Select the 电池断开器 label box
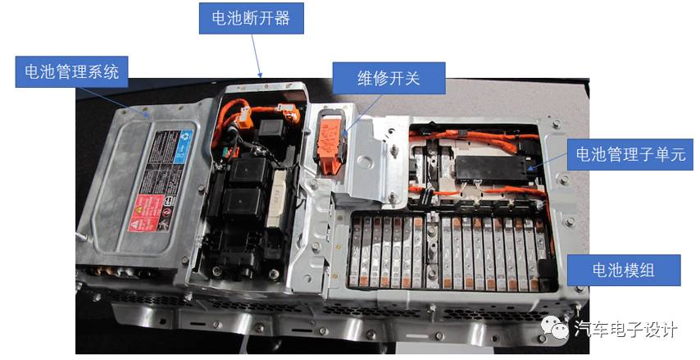(251, 17)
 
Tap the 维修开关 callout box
(388, 80)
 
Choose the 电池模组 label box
(623, 270)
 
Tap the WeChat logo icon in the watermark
(560, 329)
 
